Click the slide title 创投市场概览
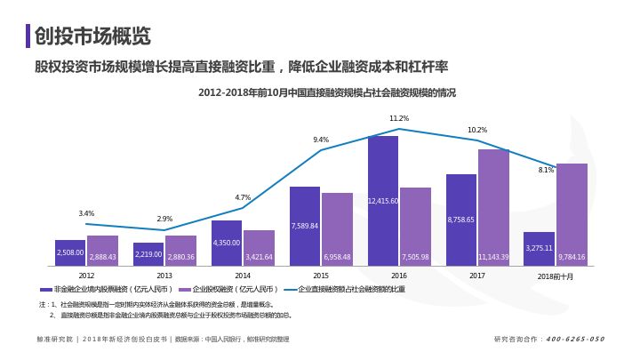point(93,36)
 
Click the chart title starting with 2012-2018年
point(326,92)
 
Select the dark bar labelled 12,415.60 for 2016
point(383,200)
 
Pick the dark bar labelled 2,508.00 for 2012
point(70,252)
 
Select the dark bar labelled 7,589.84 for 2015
point(305,226)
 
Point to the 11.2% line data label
point(399,118)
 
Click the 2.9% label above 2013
point(164,219)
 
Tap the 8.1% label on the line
point(546,170)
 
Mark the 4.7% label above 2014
point(243,197)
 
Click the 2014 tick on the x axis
point(243,276)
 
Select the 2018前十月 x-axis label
point(556,276)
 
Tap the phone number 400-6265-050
point(574,339)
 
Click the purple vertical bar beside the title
point(28,36)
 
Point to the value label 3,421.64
point(259,257)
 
